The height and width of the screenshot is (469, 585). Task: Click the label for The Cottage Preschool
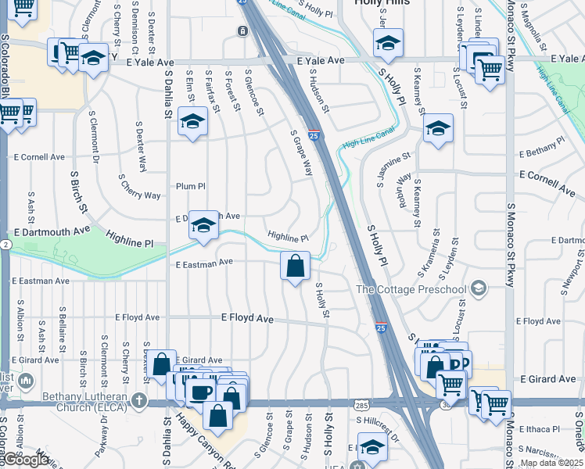click(x=411, y=290)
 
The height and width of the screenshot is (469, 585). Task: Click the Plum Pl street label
click(x=190, y=186)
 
